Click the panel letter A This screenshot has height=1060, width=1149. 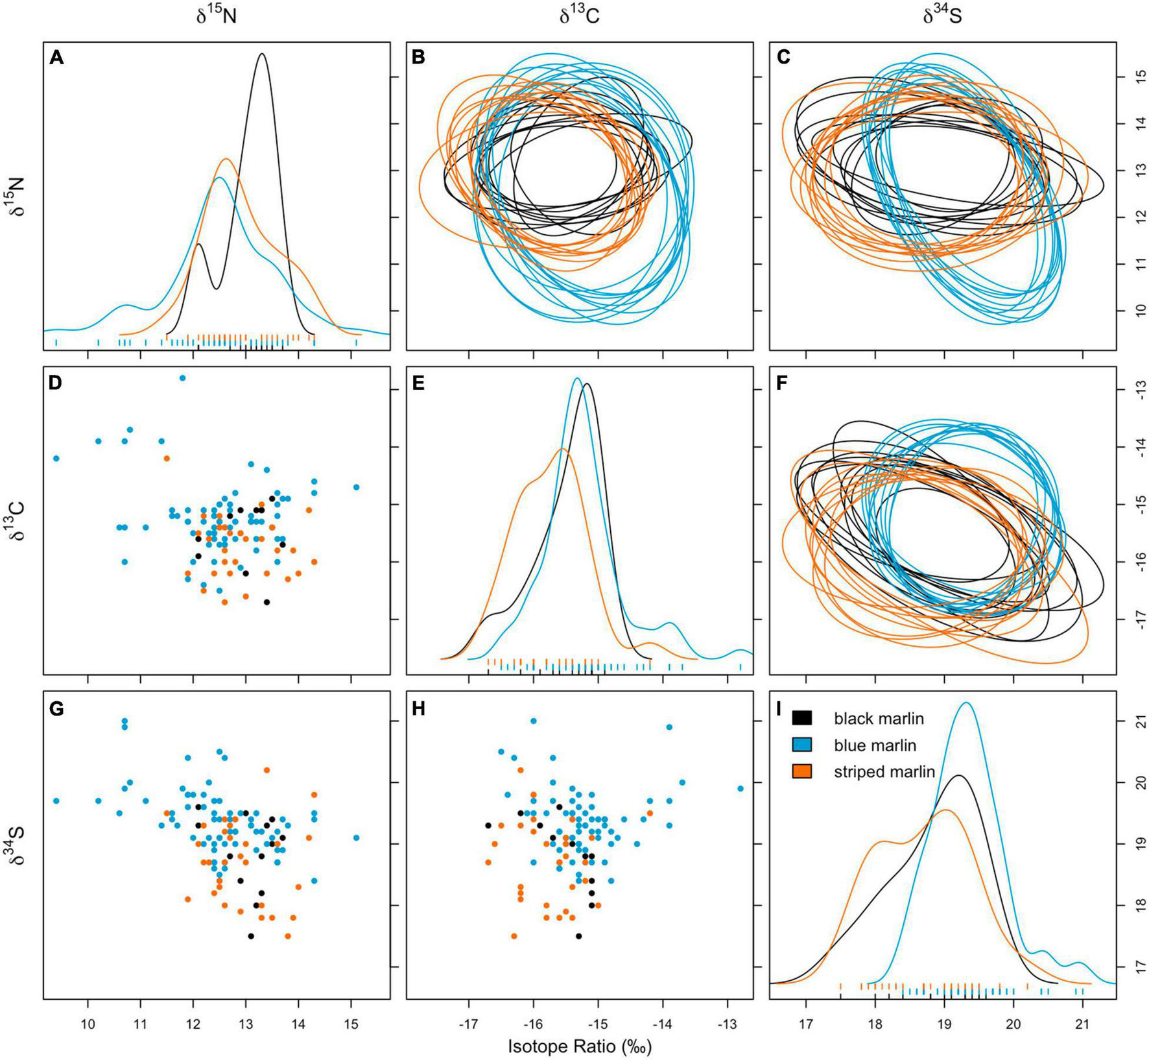(x=57, y=58)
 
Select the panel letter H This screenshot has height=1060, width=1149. (x=419, y=709)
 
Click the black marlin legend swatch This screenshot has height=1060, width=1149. (x=802, y=718)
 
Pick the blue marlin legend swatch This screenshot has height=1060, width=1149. (x=802, y=745)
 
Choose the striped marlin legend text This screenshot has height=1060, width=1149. (x=884, y=771)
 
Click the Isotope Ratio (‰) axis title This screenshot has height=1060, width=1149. (x=579, y=1046)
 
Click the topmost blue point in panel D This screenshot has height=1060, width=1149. (x=182, y=378)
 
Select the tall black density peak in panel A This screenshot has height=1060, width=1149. (x=262, y=54)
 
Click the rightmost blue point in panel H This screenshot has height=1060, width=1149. (x=740, y=789)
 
